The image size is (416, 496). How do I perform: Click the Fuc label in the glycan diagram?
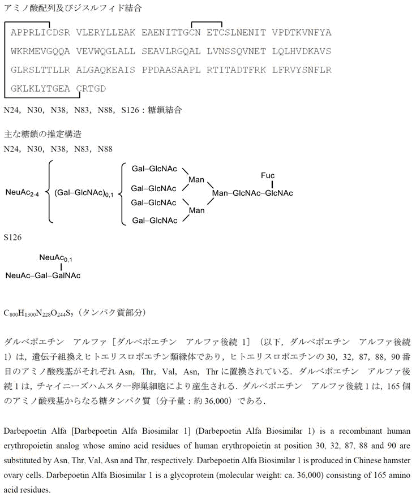(x=268, y=175)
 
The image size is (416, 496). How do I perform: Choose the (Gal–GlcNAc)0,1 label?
(x=84, y=193)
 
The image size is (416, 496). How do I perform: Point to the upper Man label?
(x=196, y=180)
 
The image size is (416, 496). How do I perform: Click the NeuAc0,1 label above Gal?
(x=55, y=258)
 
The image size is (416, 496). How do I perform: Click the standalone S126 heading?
(x=12, y=238)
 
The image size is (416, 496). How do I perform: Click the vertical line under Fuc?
(x=272, y=184)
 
